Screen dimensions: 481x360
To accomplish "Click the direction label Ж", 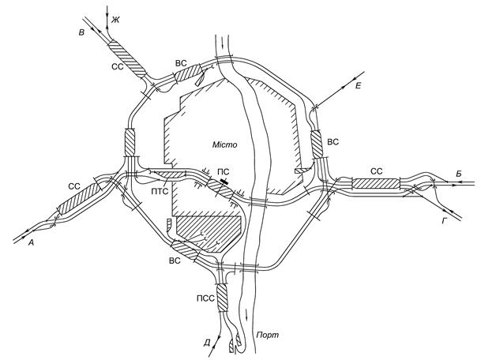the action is [115, 21].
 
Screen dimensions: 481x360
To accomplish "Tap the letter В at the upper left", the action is [81, 32].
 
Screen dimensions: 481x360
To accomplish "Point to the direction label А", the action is [31, 243].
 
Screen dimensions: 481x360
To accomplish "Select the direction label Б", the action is [459, 174].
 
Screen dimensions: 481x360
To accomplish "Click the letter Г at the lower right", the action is [444, 220].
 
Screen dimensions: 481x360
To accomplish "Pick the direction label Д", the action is [207, 343].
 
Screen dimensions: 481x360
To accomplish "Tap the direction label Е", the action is [358, 86].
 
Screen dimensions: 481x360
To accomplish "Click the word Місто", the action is [225, 144].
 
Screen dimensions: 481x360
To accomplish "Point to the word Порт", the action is [268, 335].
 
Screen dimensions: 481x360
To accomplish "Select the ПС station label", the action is [223, 172].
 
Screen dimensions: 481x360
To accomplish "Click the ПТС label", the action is [160, 192].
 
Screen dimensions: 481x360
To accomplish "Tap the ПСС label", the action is [205, 298].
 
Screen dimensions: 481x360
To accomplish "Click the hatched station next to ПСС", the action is [221, 298].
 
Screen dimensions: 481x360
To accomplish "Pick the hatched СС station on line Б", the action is [376, 184].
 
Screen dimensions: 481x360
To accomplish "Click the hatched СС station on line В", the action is [127, 59].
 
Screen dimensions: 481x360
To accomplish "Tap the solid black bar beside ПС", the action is [224, 181].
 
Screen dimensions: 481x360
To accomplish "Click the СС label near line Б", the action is [377, 171].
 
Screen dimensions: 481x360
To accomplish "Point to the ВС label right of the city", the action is [333, 142].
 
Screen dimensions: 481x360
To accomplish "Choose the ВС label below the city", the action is [175, 261].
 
